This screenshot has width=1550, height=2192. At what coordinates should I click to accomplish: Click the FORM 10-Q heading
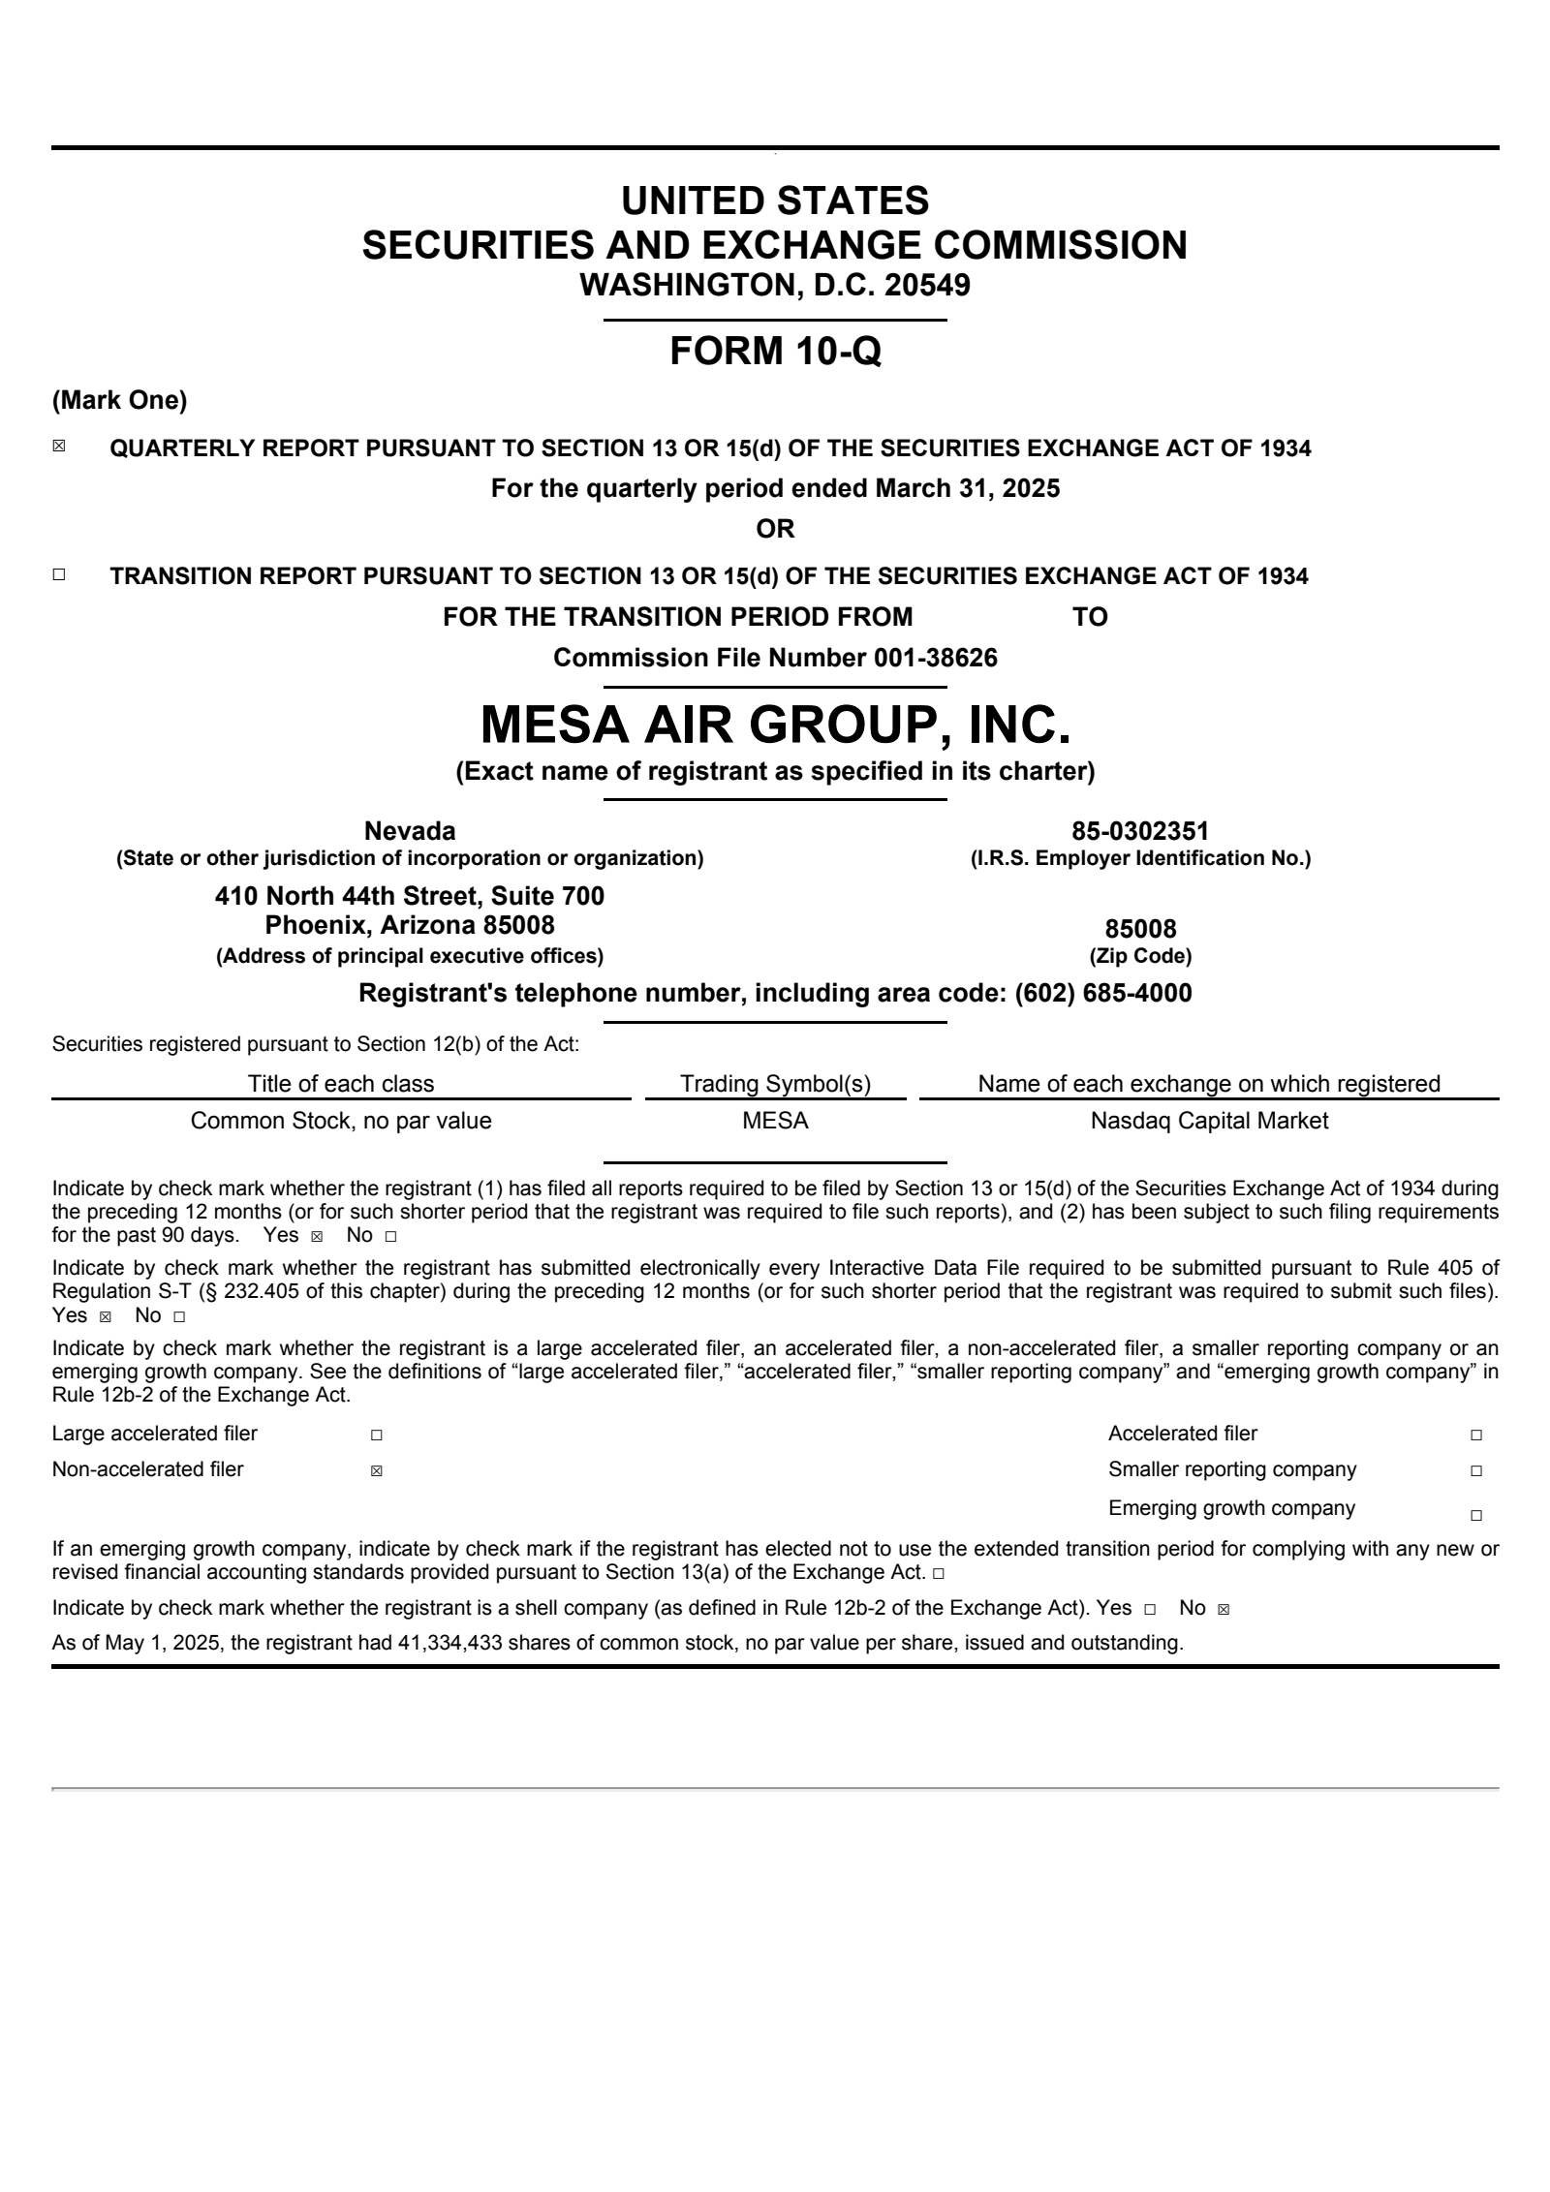[x=775, y=351]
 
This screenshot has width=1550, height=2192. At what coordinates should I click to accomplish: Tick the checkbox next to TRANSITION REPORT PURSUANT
[x=59, y=574]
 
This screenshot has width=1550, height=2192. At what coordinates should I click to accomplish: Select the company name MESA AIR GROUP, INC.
[x=775, y=725]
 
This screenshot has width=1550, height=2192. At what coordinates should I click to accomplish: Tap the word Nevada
[x=409, y=831]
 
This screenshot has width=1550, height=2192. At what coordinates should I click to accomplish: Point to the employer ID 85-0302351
[x=1140, y=831]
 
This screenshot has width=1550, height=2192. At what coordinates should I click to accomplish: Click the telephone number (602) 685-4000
[x=1102, y=993]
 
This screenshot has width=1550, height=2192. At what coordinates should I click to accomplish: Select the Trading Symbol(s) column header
[x=775, y=1084]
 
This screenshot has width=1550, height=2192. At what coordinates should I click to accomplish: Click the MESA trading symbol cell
[x=775, y=1121]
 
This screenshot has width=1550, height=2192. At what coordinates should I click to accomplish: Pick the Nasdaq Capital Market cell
[x=1209, y=1121]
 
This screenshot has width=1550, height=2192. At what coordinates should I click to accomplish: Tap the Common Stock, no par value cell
[x=341, y=1121]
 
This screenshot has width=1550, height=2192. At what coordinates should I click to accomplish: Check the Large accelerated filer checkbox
[x=376, y=1436]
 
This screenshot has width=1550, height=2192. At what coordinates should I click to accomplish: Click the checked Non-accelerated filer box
[x=376, y=1471]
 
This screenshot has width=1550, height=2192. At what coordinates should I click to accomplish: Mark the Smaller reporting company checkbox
[x=1475, y=1471]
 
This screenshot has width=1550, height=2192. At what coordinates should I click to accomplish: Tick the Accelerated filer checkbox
[x=1475, y=1436]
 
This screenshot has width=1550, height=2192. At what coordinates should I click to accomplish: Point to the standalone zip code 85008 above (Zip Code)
[x=1140, y=930]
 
